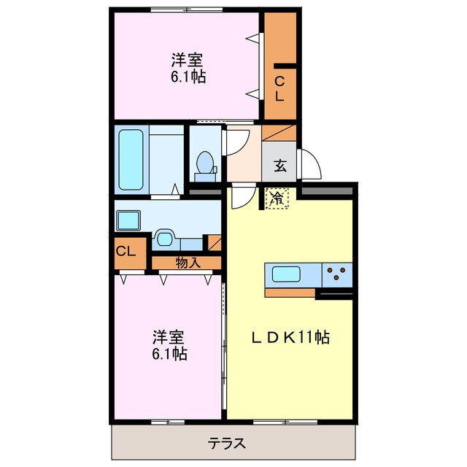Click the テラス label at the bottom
(x=226, y=443)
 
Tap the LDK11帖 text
(x=290, y=338)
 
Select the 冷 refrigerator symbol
(x=277, y=198)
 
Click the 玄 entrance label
(x=279, y=166)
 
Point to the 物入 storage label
(x=188, y=263)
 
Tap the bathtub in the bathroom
(x=131, y=160)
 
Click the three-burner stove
(x=337, y=274)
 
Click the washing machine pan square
(x=130, y=219)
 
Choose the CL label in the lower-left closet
(x=126, y=252)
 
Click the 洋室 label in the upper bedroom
(x=188, y=59)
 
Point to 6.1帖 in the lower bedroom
(x=169, y=354)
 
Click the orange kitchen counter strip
(x=290, y=293)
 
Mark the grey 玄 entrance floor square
(x=279, y=166)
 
